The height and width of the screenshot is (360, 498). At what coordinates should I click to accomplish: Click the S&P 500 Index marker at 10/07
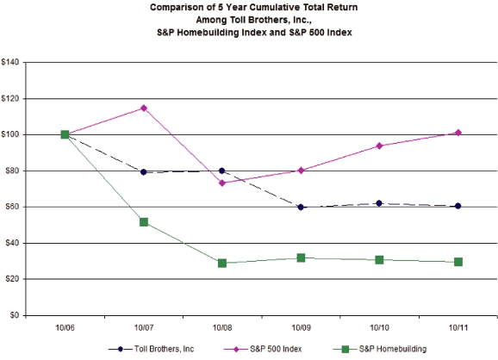[x=144, y=108]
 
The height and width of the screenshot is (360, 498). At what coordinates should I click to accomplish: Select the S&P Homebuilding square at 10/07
[x=144, y=222]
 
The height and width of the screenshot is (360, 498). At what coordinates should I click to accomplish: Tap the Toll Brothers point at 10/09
[x=301, y=207]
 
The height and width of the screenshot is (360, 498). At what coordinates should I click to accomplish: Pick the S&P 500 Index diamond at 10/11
[x=458, y=133]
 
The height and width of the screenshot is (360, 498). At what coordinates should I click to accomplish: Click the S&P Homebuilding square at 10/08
[x=222, y=263]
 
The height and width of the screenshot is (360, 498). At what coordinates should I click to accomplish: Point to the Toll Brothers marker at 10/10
[x=379, y=203]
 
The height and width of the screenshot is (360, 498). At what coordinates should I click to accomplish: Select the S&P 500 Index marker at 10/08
[x=222, y=183]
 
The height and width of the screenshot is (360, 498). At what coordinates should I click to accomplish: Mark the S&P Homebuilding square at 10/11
[x=458, y=262]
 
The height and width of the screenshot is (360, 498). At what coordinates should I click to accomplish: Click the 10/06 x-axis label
[x=65, y=329]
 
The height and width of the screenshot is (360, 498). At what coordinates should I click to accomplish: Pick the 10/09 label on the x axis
[x=301, y=329]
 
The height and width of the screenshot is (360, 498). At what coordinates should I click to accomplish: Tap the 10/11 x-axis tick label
[x=458, y=329]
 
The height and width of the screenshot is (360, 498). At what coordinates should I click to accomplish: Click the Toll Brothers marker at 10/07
[x=144, y=172]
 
